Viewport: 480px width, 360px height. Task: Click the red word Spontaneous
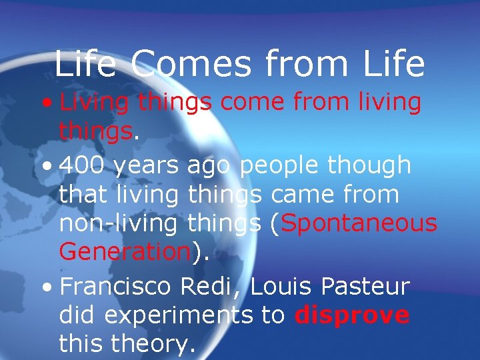359,224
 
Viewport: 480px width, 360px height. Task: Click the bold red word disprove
352,315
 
